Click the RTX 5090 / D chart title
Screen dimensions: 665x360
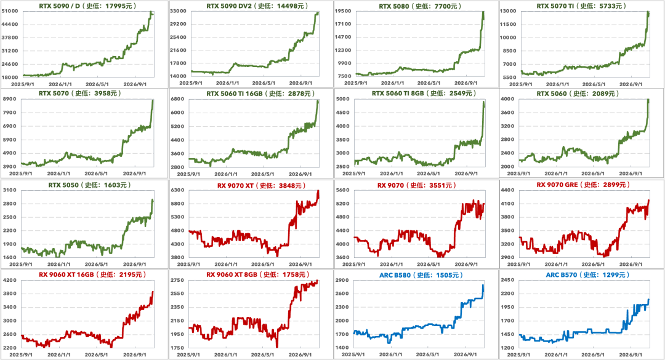87,6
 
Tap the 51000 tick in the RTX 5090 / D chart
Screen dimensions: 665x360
10,11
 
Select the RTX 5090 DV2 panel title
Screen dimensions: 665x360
257,6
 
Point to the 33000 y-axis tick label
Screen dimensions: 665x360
178,11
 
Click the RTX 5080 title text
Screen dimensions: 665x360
420,6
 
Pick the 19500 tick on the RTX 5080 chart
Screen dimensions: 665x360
343,11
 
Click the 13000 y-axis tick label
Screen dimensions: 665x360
508,11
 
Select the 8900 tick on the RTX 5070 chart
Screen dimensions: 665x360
10,99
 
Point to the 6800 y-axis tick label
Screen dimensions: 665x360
178,99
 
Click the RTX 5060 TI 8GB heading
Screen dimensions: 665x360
424,94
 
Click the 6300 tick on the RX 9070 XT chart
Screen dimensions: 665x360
178,190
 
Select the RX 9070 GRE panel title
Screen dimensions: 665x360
583,185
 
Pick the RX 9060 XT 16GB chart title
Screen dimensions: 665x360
92,274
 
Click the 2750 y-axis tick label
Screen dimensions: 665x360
178,280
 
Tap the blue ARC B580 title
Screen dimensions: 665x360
421,275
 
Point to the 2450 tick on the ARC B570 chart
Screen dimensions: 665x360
507,280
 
